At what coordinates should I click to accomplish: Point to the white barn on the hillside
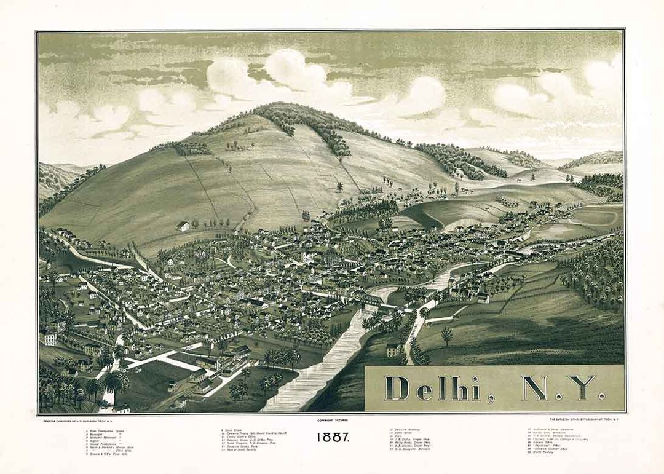coord(183,226)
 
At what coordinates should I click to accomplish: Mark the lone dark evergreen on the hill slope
coord(339,185)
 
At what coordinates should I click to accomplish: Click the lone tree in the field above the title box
coord(446,335)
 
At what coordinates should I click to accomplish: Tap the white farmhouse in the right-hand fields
coord(483,298)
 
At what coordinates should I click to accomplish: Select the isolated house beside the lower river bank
coord(392,350)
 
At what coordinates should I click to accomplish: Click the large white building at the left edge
coord(50,338)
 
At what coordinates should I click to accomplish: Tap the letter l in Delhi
coord(440,387)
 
